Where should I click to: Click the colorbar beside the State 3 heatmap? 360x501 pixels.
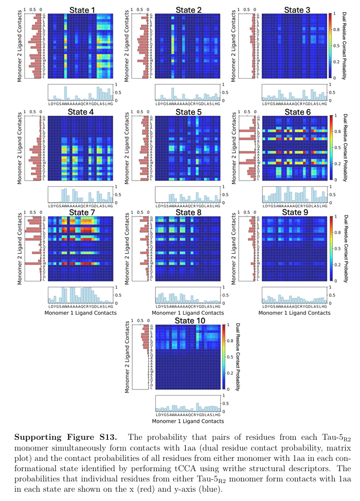tap(330, 44)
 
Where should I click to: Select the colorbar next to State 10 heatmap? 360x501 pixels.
tap(223, 357)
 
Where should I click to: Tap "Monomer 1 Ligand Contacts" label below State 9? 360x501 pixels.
tap(294, 313)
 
